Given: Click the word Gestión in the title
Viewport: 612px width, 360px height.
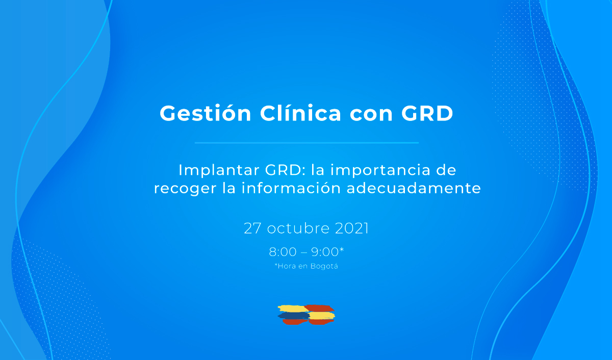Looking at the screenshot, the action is pyautogui.click(x=206, y=113).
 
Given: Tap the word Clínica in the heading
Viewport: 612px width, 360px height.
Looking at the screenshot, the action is pyautogui.click(x=300, y=113).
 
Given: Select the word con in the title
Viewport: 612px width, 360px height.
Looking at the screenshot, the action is pyautogui.click(x=371, y=115).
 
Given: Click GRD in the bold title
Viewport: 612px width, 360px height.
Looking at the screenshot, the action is pyautogui.click(x=427, y=113).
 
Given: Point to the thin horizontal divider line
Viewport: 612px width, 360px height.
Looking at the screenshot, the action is pyautogui.click(x=307, y=143).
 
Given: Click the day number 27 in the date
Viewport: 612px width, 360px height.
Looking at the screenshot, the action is pyautogui.click(x=252, y=228).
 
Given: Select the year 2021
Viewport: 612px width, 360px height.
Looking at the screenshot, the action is pyautogui.click(x=352, y=228).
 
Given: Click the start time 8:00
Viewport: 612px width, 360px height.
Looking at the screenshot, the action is pyautogui.click(x=283, y=252).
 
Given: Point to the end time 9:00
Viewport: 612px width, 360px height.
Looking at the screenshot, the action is pyautogui.click(x=325, y=252).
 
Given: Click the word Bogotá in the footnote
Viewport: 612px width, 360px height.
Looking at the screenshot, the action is pyautogui.click(x=324, y=266).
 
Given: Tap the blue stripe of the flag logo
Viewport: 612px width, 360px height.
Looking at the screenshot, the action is pyautogui.click(x=294, y=316).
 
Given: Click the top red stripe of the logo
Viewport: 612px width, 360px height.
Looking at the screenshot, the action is pyautogui.click(x=320, y=308).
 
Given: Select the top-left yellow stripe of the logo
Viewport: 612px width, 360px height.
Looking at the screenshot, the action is pyautogui.click(x=293, y=308).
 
